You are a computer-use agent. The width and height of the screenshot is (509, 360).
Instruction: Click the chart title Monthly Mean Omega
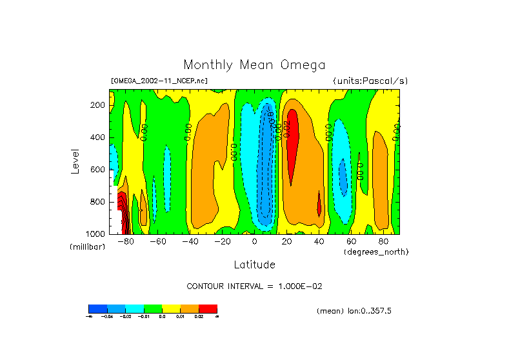tap(254, 65)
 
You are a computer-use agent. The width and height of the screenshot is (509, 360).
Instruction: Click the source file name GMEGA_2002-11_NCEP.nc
tap(159, 81)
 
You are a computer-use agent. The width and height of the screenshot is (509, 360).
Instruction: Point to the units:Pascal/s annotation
tap(370, 81)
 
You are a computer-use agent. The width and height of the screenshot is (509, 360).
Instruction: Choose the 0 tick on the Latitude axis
tap(254, 242)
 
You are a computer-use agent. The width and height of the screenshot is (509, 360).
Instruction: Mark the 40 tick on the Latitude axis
tap(319, 242)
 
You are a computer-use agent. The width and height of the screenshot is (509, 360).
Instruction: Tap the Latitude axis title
tap(254, 265)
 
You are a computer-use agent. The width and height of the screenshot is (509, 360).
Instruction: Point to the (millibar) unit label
tap(88, 247)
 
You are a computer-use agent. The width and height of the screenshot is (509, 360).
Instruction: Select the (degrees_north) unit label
tap(376, 252)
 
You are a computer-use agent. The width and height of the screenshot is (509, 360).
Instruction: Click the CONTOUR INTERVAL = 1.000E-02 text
tap(254, 286)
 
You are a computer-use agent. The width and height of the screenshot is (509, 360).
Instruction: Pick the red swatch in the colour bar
tap(208, 308)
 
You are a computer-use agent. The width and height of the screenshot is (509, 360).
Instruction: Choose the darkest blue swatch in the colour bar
tap(97, 308)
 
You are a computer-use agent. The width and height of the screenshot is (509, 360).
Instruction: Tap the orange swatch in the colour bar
tap(190, 308)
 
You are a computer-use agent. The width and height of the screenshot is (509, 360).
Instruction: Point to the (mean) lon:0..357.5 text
tap(354, 311)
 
